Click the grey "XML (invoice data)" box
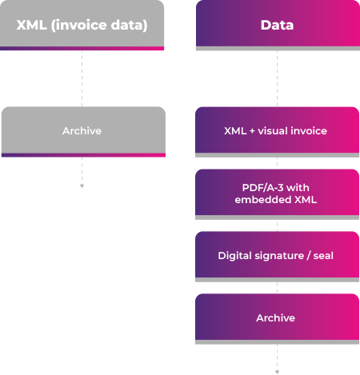(x=82, y=25)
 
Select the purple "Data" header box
(x=277, y=25)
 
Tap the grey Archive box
(x=82, y=130)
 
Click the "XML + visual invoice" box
(x=277, y=130)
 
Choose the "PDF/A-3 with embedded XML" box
(x=277, y=193)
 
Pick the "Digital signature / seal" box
(x=277, y=256)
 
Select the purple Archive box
(x=277, y=317)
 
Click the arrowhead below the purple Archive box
(x=277, y=372)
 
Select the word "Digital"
(x=234, y=256)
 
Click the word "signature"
(x=278, y=256)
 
